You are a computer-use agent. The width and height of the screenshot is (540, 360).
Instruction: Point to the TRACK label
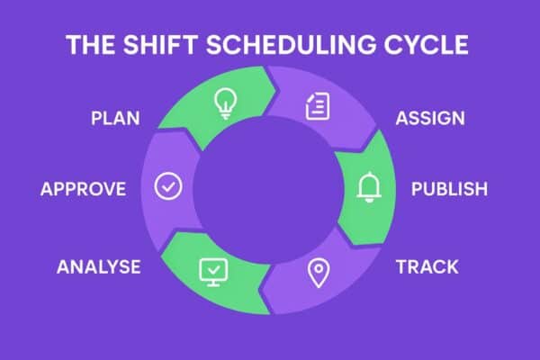427,266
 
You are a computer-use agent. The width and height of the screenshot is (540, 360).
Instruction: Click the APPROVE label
83,189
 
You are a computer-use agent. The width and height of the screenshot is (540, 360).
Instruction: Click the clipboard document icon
316,107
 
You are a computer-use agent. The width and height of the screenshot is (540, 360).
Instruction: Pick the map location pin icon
316,273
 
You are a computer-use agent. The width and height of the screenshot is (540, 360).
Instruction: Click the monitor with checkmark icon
210,268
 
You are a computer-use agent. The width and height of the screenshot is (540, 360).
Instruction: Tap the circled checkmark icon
168,186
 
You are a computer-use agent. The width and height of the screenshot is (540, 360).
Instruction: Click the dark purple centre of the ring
270,189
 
